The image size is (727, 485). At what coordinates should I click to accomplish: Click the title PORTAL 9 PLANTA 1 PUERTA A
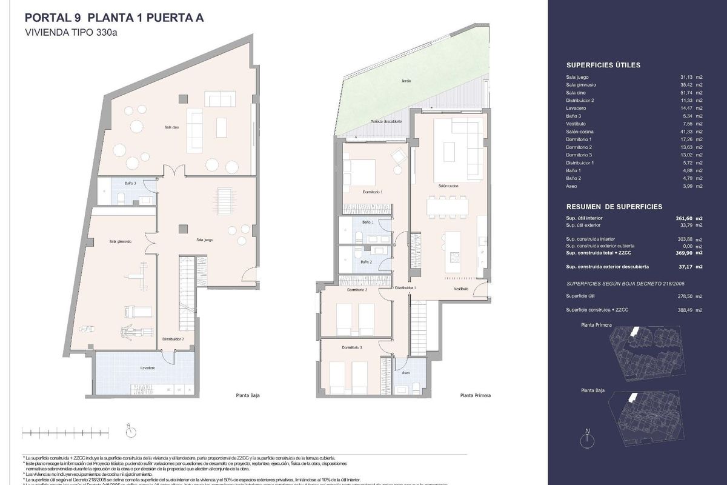(x=113, y=18)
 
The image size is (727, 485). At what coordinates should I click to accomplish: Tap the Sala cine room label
(x=171, y=127)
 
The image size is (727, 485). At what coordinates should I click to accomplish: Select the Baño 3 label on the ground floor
(x=130, y=182)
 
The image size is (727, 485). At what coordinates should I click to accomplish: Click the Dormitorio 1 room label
(x=371, y=192)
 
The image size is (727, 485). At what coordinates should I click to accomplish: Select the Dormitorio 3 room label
(x=352, y=347)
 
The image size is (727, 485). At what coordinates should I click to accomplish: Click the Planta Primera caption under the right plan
(x=475, y=395)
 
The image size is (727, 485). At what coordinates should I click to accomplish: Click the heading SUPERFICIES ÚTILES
(x=603, y=65)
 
